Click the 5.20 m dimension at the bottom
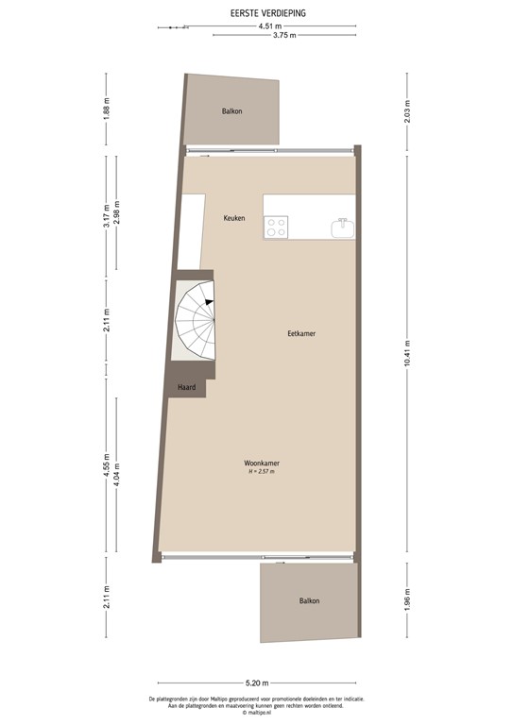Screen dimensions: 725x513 pyautogui.click(x=257, y=683)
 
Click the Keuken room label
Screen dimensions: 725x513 pyautogui.click(x=234, y=219)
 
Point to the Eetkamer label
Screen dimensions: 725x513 pyautogui.click(x=301, y=334)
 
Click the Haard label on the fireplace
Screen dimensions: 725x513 pyautogui.click(x=186, y=386)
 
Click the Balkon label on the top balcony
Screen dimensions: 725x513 pyautogui.click(x=232, y=111)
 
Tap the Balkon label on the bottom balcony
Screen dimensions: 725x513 pyautogui.click(x=309, y=601)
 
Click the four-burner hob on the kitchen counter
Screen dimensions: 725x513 pyautogui.click(x=277, y=227)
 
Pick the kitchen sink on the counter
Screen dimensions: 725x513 pyautogui.click(x=342, y=227)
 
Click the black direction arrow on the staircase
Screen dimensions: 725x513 pyautogui.click(x=209, y=301)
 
